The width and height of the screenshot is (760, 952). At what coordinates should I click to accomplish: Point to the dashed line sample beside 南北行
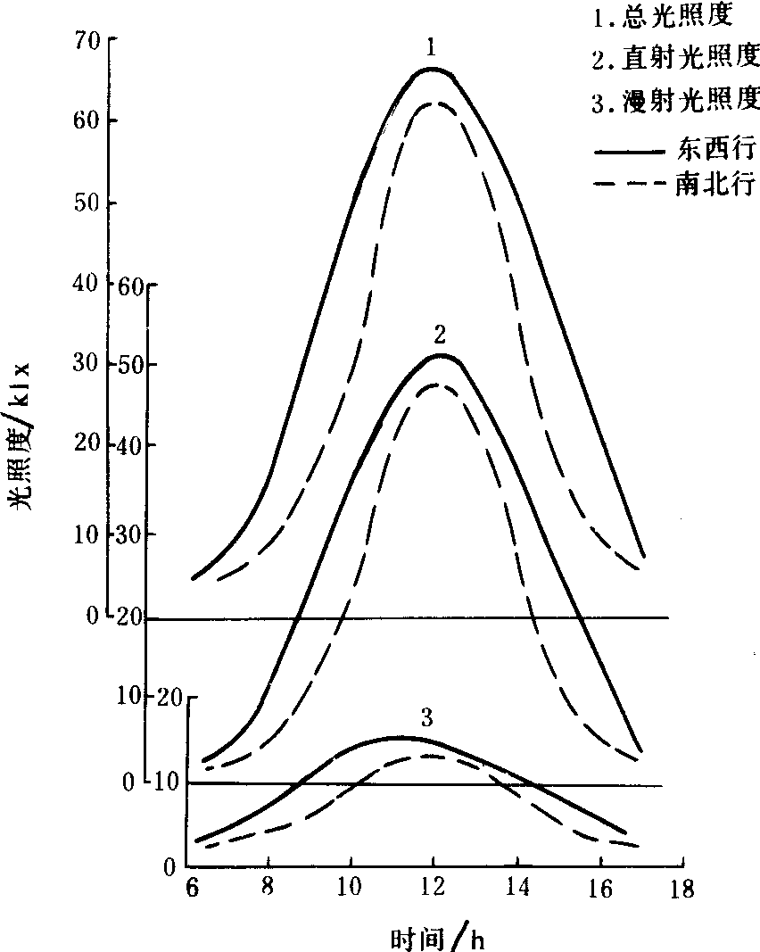[x=630, y=184]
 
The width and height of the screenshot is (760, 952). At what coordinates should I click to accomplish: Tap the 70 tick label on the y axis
[x=86, y=39]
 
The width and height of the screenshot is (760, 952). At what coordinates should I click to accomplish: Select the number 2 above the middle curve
[x=440, y=335]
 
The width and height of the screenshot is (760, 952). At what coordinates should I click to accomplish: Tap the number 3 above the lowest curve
[x=426, y=717]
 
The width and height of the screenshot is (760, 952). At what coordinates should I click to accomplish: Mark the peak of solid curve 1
[x=433, y=69]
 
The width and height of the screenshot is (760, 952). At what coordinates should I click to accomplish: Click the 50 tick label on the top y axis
[x=86, y=204]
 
